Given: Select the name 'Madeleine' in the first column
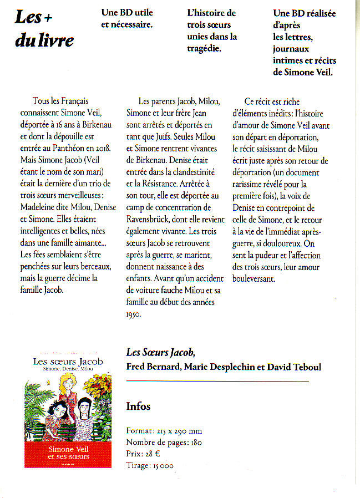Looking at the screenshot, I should [39, 195].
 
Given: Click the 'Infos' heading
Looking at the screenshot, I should [138, 406].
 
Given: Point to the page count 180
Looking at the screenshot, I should [195, 442].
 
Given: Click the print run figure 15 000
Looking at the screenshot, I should [163, 465].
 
